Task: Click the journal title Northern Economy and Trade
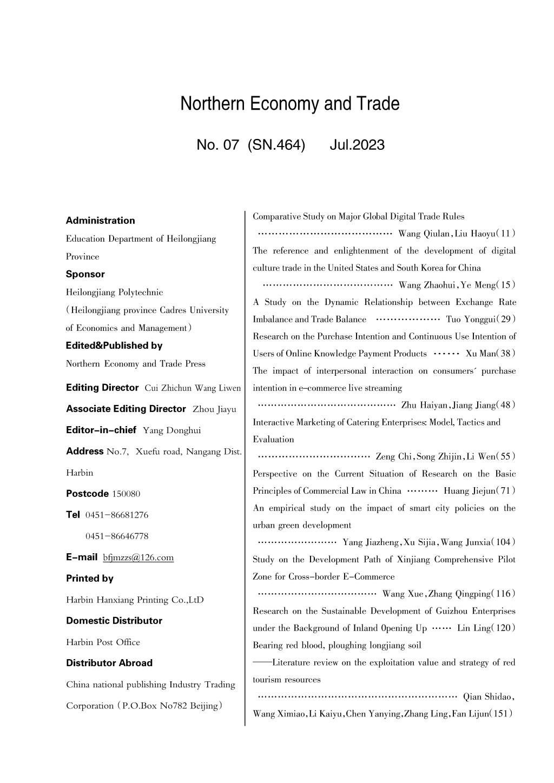(x=290, y=103)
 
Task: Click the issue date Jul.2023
(x=357, y=145)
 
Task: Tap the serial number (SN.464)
(x=276, y=145)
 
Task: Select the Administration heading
(x=101, y=221)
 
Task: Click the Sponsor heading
(x=85, y=274)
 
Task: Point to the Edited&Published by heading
(x=114, y=346)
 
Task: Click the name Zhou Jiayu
(x=214, y=409)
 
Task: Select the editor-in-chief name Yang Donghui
(x=172, y=430)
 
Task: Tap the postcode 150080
(x=126, y=494)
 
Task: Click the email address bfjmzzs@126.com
(x=138, y=558)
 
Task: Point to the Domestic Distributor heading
(x=114, y=621)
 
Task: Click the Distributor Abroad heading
(x=109, y=663)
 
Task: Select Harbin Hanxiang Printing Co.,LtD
(x=135, y=600)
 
